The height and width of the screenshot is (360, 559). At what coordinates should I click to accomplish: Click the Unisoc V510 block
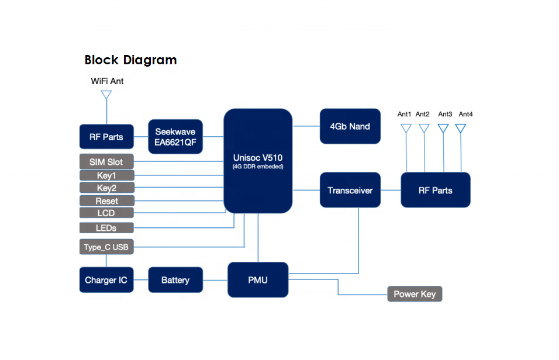258,161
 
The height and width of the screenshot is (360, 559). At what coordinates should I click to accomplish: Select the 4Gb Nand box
350,126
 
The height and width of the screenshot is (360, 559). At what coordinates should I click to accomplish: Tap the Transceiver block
350,190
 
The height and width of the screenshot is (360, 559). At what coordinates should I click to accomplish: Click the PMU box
257,281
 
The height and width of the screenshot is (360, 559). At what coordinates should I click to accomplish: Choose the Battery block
175,281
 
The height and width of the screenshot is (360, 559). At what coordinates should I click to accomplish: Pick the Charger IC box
106,281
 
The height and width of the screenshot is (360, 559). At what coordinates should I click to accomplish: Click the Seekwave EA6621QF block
175,137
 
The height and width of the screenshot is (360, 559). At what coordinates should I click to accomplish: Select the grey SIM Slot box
106,161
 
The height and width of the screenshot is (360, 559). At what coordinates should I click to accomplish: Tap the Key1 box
106,175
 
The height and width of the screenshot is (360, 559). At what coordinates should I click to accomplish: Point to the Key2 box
106,188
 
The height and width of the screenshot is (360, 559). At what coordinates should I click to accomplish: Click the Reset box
106,201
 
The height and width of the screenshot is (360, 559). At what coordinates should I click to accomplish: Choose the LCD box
106,213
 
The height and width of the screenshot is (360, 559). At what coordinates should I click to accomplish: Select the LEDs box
106,227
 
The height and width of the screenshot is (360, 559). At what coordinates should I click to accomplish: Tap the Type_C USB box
106,247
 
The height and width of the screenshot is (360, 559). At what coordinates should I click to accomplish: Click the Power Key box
415,294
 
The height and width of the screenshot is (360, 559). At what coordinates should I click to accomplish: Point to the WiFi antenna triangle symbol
106,95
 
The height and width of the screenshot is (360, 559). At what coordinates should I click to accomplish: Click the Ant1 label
405,114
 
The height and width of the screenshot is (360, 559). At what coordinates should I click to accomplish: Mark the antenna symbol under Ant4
461,127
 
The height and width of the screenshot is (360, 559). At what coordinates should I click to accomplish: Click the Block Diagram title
130,60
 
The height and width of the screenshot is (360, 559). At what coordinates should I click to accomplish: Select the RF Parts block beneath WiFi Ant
106,137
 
